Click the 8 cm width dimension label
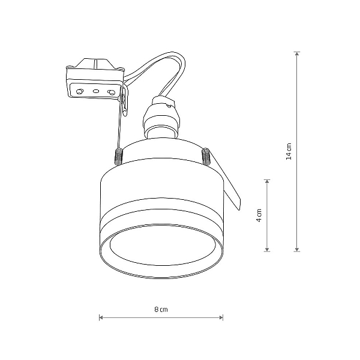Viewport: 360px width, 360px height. pyautogui.click(x=161, y=310)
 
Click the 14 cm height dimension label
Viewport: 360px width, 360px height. pyautogui.click(x=289, y=152)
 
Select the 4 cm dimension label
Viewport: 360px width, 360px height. pyautogui.click(x=259, y=215)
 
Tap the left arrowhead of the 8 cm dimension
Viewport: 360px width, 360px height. pyautogui.click(x=101, y=318)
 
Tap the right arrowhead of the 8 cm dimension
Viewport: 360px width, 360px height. pyautogui.click(x=221, y=318)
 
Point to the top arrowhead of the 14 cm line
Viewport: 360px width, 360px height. pyautogui.click(x=297, y=53)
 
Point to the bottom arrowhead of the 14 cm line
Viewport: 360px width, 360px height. pyautogui.click(x=297, y=250)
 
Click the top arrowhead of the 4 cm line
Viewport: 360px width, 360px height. pyautogui.click(x=267, y=181)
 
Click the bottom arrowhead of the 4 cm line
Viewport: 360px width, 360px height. pyautogui.click(x=267, y=250)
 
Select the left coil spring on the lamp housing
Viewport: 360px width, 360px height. pyautogui.click(x=119, y=157)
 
